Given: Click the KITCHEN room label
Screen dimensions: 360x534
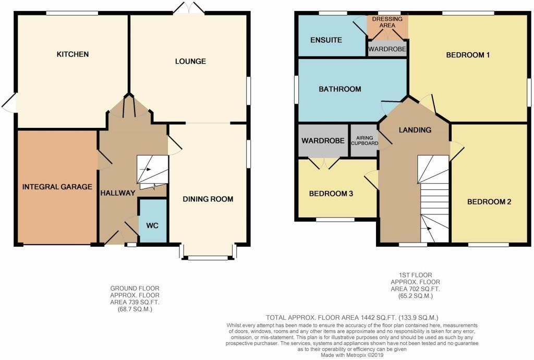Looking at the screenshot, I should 72,54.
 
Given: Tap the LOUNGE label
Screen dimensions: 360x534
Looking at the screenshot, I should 190,61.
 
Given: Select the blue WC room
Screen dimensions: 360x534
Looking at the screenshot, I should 152,225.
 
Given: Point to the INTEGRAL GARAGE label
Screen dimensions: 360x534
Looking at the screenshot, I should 57,187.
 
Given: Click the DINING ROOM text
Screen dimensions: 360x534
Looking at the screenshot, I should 208,199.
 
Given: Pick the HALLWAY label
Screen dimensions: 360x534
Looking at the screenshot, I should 117,193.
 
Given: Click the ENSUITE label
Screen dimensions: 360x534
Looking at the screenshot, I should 326,40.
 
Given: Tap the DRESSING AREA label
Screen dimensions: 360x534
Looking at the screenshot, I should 387,22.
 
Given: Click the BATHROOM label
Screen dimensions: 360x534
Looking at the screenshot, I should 340,89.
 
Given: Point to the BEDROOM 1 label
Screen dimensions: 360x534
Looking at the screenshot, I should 468,54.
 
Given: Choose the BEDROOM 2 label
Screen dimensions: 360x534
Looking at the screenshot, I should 489,202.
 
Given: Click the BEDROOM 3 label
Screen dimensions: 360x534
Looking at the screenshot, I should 331,194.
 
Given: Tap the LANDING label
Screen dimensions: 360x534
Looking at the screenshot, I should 415,130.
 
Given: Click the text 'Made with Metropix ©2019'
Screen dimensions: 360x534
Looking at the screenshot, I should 353,355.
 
